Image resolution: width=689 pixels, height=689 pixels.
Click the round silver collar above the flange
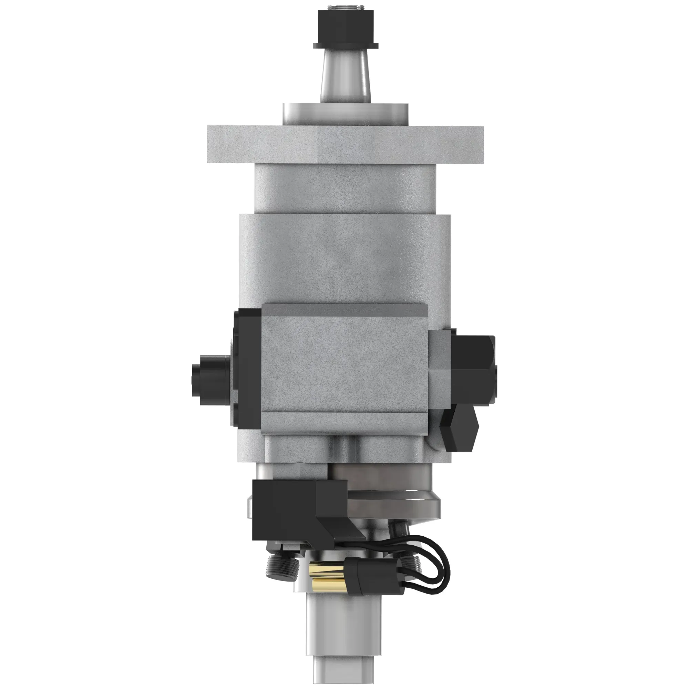click(x=345, y=114)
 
